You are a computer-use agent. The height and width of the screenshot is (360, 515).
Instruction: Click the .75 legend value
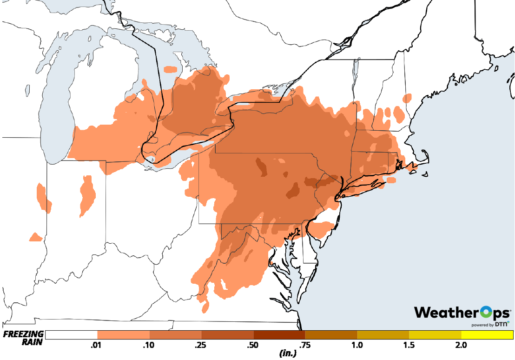tap(305, 345)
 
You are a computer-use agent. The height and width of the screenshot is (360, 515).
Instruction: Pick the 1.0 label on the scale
tap(357, 345)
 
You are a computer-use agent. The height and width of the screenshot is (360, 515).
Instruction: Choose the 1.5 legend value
tap(409, 345)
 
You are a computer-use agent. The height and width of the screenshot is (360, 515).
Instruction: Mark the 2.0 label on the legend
tap(461, 345)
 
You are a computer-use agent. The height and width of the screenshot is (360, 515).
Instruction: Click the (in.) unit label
tap(288, 353)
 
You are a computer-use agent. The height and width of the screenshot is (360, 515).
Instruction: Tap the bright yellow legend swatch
tap(487, 335)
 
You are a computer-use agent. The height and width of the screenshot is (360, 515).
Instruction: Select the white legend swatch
tap(72, 335)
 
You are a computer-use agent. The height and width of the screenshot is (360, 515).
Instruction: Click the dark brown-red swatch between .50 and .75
tap(279, 335)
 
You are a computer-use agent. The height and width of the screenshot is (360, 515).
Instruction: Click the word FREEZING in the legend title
tap(24, 334)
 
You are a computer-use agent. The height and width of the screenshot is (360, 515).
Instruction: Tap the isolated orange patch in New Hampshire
tap(407, 98)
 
